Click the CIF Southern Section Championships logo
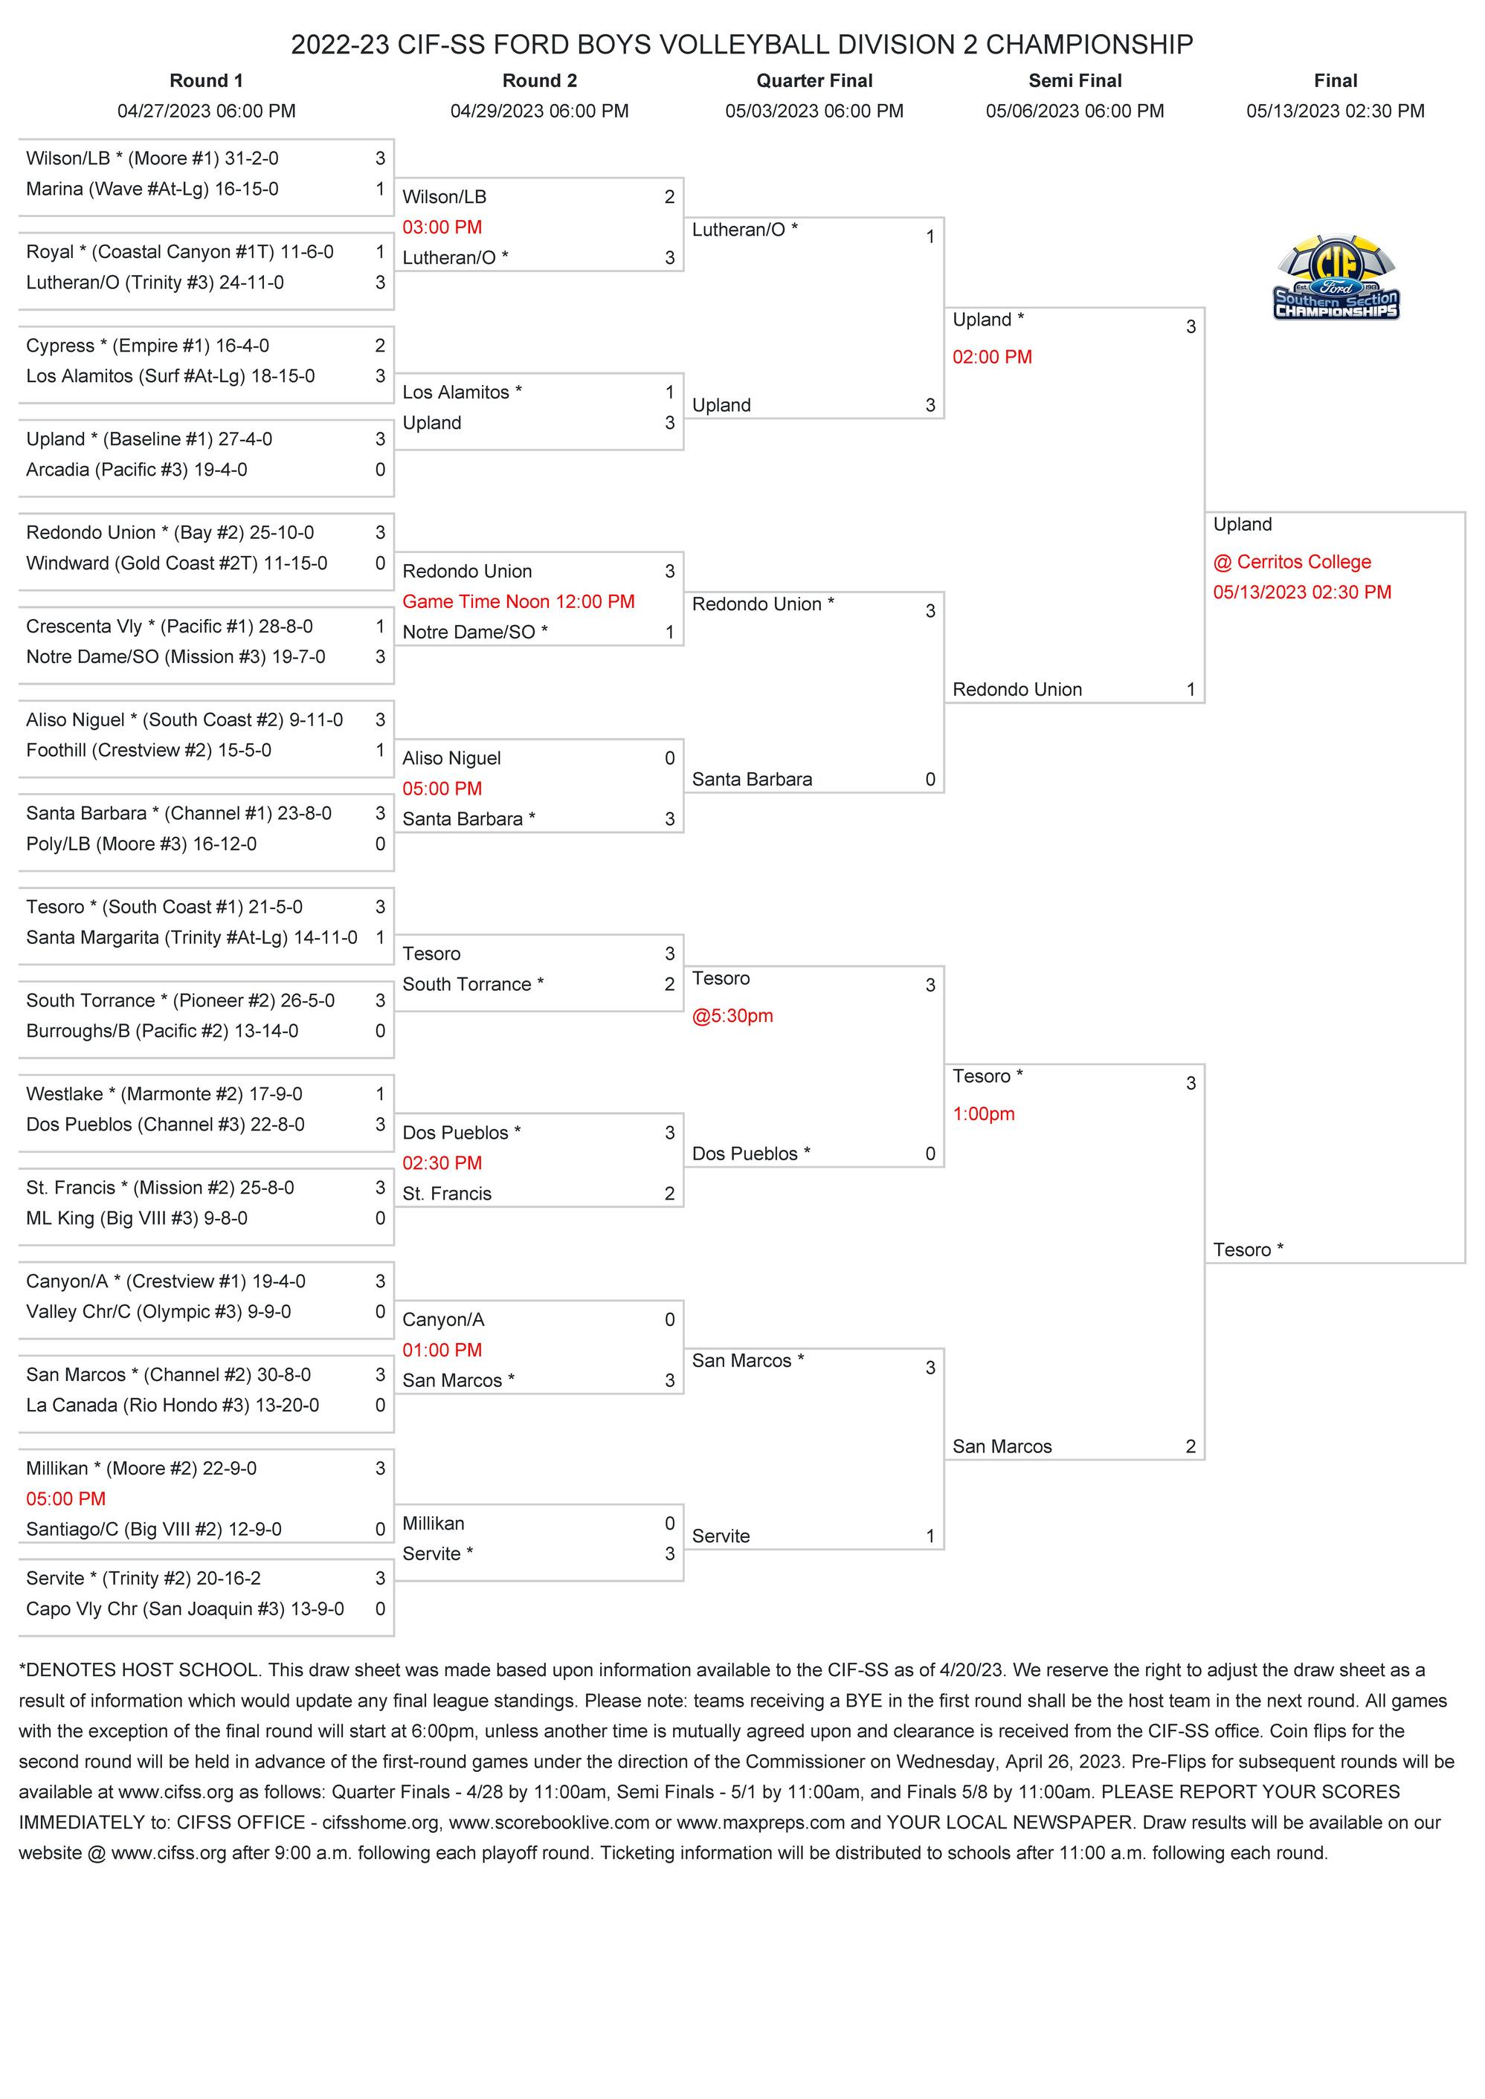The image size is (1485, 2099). click(1336, 278)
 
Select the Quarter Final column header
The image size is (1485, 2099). click(814, 80)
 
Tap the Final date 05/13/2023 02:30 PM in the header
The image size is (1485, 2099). click(1335, 111)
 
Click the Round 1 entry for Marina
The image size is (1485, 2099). click(152, 190)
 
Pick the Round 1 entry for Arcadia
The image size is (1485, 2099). click(136, 470)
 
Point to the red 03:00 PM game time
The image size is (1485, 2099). click(442, 227)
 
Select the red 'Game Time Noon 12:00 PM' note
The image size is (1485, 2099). click(518, 601)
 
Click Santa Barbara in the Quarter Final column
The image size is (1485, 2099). click(752, 780)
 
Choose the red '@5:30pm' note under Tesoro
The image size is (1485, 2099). click(732, 1015)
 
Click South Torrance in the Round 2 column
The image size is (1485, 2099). click(473, 985)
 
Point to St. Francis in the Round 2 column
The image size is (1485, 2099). click(446, 1194)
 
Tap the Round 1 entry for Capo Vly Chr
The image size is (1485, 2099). click(184, 1609)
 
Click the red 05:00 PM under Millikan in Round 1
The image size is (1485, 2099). click(66, 1498)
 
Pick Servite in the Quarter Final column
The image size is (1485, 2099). click(721, 1537)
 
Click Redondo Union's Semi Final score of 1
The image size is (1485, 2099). click(1191, 690)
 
